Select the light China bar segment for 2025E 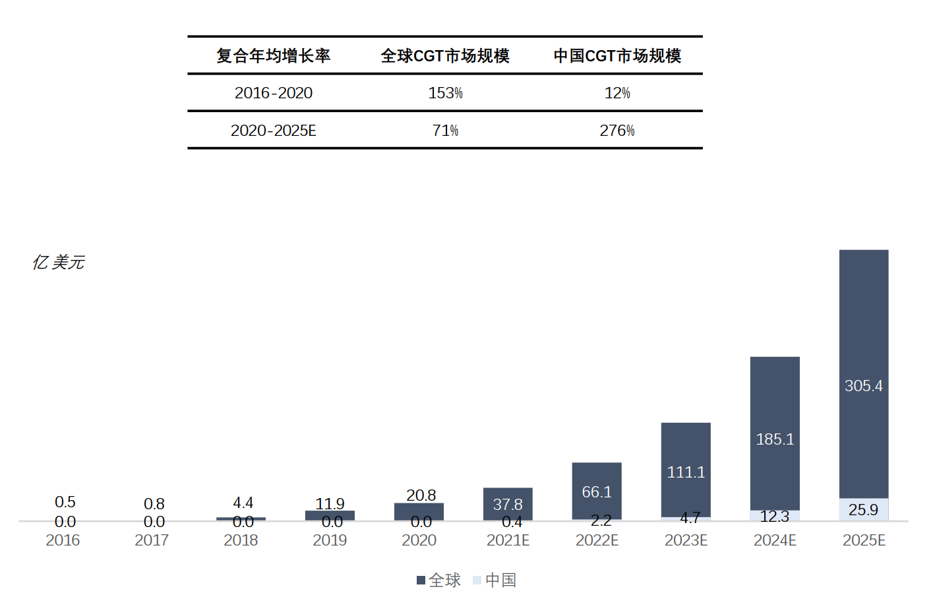click(863, 509)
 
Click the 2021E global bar click(508, 503)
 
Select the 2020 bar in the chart click(419, 511)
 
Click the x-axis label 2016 click(63, 540)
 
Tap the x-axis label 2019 click(330, 540)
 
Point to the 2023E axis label click(686, 540)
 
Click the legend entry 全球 click(438, 581)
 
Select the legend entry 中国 click(495, 581)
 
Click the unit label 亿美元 click(59, 263)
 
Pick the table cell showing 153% click(445, 93)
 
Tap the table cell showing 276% click(617, 131)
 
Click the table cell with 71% click(445, 131)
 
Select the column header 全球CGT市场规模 click(445, 56)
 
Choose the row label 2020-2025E click(273, 131)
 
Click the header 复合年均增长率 click(273, 56)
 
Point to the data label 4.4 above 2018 click(243, 503)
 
